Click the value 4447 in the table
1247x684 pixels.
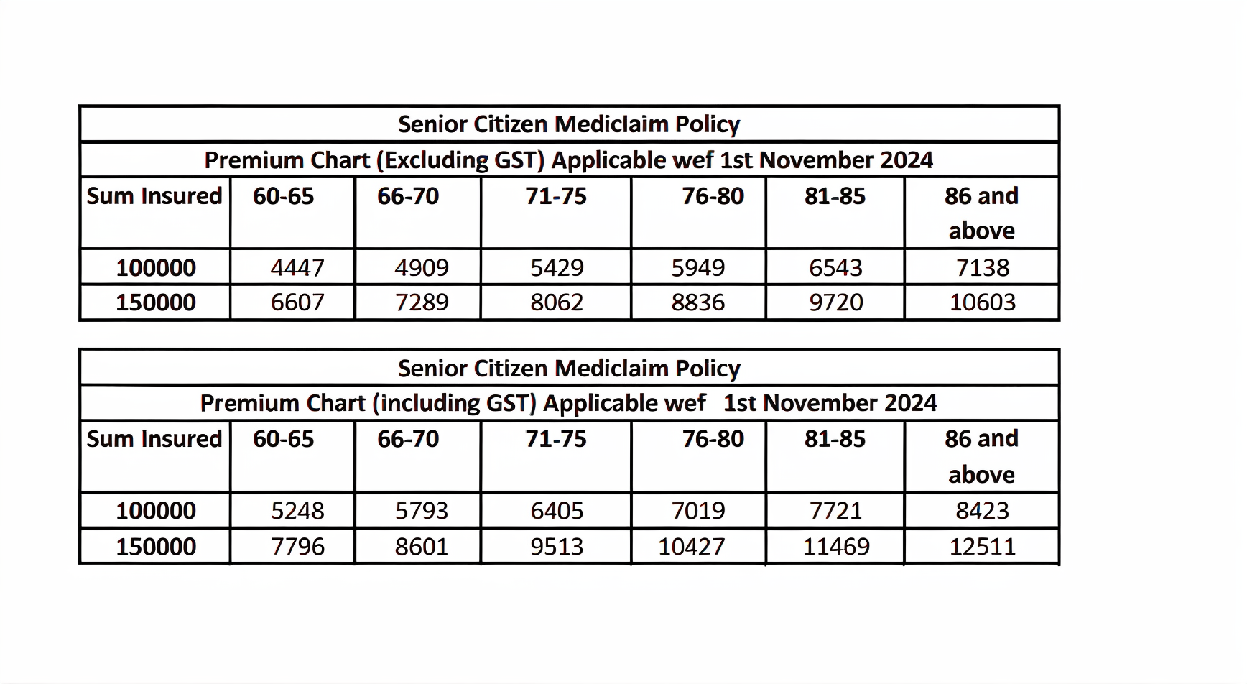297,267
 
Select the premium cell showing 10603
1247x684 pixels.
982,302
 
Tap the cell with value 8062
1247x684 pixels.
557,302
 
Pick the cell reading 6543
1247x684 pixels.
835,267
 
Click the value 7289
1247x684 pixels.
422,302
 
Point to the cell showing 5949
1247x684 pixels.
697,267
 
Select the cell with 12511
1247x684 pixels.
982,546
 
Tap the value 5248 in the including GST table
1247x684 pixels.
297,510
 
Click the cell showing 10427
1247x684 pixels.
691,546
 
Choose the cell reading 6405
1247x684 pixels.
557,510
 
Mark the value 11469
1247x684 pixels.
835,546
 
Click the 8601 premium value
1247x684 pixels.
422,546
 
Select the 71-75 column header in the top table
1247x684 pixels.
556,195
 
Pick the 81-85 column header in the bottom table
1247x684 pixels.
835,438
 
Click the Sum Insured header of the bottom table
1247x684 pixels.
154,438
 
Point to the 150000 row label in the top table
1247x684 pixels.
156,302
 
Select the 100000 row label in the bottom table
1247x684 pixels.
156,510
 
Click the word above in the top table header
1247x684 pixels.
981,231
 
